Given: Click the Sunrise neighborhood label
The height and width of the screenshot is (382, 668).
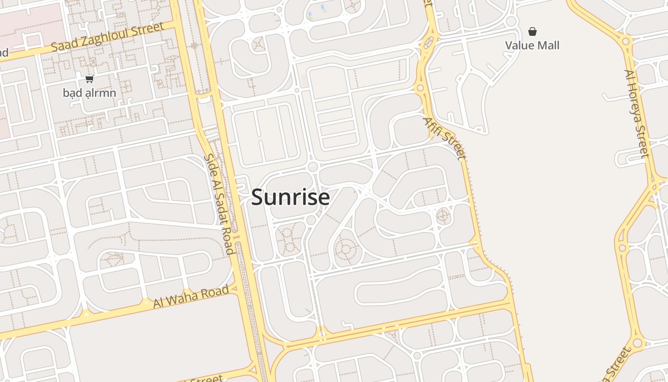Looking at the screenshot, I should (x=290, y=197).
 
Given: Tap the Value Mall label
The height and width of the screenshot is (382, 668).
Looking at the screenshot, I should (x=532, y=45).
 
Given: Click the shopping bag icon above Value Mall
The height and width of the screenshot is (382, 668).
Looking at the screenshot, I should (x=532, y=32).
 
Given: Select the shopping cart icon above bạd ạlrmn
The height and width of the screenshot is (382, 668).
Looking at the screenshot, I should (x=89, y=79).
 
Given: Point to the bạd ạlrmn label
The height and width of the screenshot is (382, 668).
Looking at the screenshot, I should (x=89, y=93).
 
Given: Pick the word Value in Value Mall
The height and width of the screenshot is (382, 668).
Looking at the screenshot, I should (x=520, y=45).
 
